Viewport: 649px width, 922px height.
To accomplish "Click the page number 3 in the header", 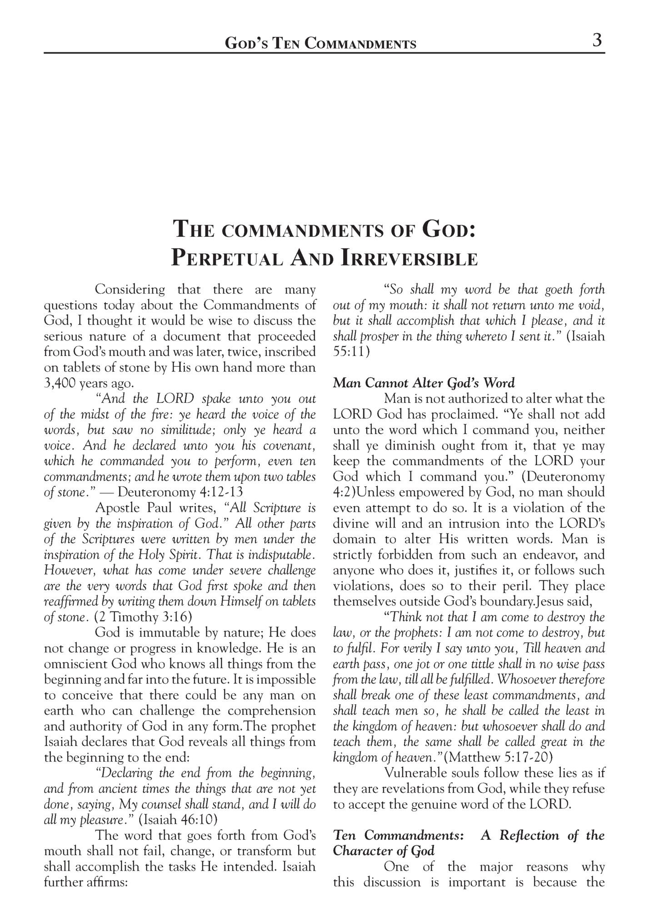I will coord(597,40).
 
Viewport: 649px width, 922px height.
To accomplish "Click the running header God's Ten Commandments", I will coord(320,44).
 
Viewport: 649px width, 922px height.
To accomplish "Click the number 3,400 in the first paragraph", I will coord(60,383).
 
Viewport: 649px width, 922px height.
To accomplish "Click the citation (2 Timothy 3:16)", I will coord(143,617).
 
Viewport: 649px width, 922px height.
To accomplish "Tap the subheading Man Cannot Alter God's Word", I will coord(424,383).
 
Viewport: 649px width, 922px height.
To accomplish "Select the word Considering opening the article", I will coord(130,290).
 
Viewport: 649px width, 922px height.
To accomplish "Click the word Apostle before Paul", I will coord(117,508).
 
